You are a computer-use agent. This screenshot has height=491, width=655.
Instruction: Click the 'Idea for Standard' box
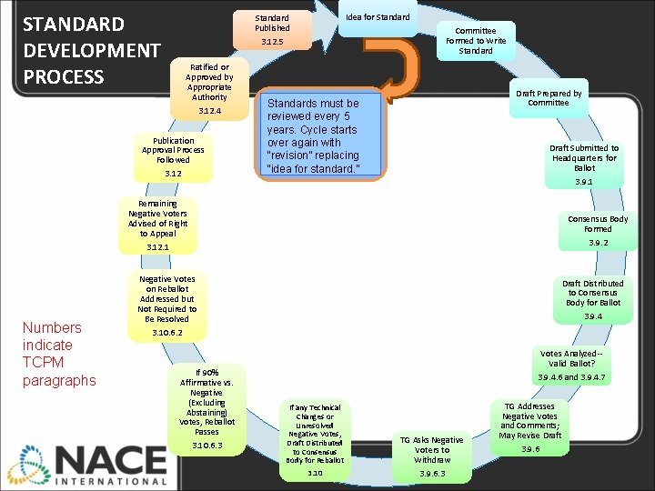click(x=378, y=17)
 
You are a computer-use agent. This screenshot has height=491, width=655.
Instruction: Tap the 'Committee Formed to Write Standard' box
click(x=476, y=41)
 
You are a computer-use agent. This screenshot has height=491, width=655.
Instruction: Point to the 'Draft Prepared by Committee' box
click(x=549, y=97)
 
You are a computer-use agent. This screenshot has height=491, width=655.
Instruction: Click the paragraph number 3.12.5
click(x=271, y=43)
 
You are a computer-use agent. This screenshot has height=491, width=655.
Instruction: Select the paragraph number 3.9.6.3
click(x=432, y=474)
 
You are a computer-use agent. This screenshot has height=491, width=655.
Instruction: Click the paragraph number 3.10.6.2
click(x=166, y=333)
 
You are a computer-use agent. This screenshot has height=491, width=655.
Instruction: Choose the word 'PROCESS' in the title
click(x=64, y=76)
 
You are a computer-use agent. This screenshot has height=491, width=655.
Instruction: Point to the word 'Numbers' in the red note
click(x=52, y=327)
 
